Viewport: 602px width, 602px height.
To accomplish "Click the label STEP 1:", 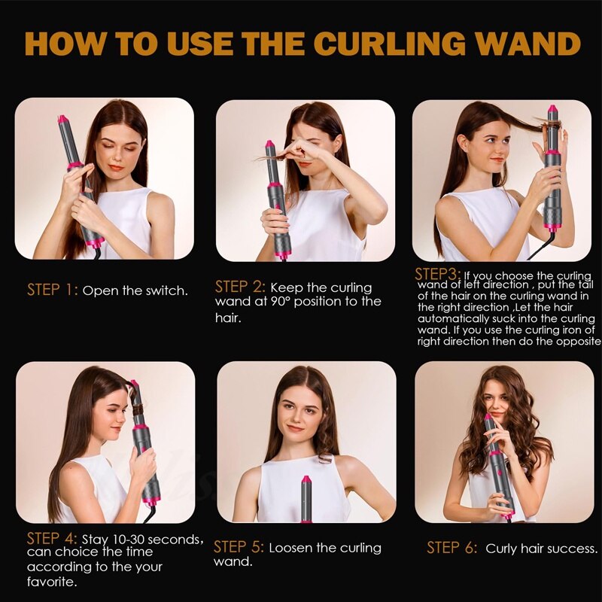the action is (53, 290).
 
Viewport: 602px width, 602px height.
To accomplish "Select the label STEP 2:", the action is (240, 287).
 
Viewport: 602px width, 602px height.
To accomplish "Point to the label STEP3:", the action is (438, 274).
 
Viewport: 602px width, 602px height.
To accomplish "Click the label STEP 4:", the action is (52, 538).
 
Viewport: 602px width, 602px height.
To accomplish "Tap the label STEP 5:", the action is (239, 547).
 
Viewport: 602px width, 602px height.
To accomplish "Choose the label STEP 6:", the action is (452, 548).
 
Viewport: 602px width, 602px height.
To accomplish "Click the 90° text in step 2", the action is (280, 302).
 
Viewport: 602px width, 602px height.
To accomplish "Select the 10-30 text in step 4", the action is (128, 540).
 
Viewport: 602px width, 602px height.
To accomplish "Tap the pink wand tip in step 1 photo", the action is (62, 120).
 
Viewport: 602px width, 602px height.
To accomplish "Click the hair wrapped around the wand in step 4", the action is (138, 403).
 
